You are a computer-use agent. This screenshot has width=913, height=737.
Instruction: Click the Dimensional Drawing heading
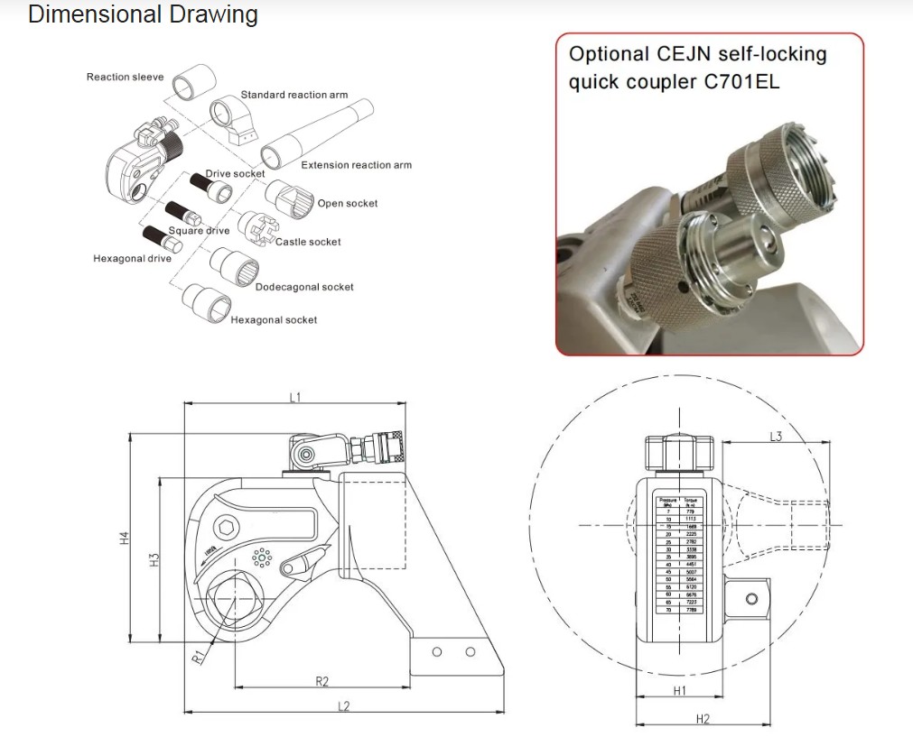(x=143, y=15)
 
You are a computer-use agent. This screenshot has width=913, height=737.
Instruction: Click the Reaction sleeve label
(x=125, y=78)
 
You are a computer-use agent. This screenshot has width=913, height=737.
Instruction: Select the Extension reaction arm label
(x=356, y=165)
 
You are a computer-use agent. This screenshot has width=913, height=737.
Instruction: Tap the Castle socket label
(x=308, y=242)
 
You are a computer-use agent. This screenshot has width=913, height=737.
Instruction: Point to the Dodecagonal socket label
(x=304, y=287)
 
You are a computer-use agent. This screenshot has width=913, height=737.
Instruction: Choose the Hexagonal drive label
(x=132, y=259)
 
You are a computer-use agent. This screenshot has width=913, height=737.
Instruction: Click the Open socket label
(x=348, y=204)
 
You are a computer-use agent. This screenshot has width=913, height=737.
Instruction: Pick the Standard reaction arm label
(x=293, y=95)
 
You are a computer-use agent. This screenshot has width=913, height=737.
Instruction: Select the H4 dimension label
(x=126, y=539)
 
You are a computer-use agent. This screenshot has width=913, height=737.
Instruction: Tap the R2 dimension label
(x=321, y=681)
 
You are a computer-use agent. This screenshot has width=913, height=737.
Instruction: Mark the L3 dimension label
(x=775, y=437)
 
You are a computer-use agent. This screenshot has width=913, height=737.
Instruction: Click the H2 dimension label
(x=703, y=719)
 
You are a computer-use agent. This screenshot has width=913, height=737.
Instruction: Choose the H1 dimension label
(x=680, y=691)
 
